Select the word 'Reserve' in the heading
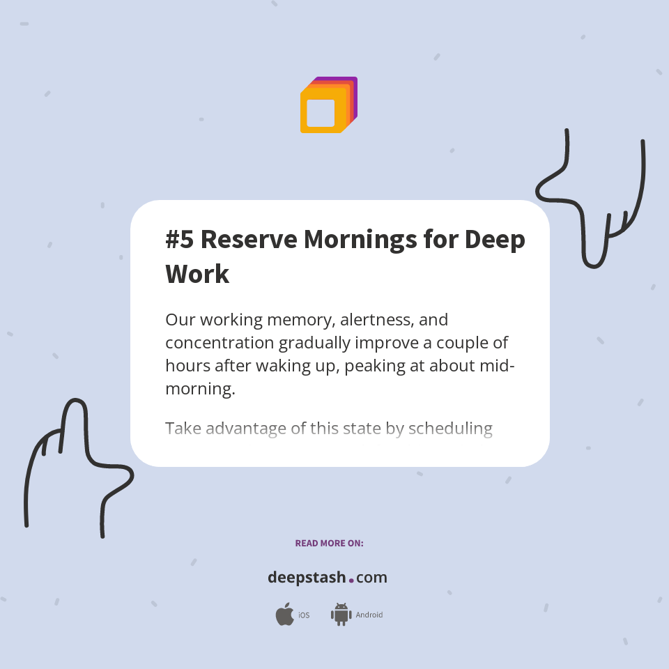tap(247, 240)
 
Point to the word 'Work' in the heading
tap(197, 274)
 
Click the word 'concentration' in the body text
tap(220, 344)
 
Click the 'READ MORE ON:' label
tap(329, 543)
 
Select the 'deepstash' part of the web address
tap(307, 578)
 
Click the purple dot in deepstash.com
tap(351, 580)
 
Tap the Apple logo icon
tap(284, 615)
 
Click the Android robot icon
tap(341, 615)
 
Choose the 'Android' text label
tap(369, 615)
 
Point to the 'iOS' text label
tap(304, 615)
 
